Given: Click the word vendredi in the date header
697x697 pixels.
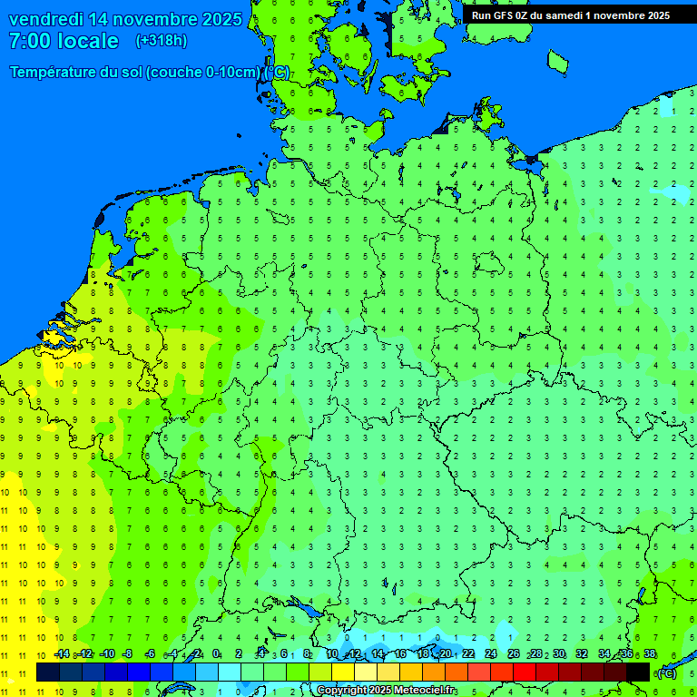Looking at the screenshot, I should (49, 19).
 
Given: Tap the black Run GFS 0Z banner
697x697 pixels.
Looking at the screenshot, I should (570, 15).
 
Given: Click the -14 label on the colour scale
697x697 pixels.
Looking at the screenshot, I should (62, 654).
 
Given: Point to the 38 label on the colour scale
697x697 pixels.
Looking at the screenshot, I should (650, 654).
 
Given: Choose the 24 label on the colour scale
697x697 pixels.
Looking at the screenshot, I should (491, 654).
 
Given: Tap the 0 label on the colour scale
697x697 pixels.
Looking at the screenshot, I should (216, 654).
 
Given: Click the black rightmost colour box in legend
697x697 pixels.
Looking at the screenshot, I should (638, 672).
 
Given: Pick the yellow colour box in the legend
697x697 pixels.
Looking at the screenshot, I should (343, 672).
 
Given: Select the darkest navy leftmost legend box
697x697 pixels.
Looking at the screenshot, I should (48, 672).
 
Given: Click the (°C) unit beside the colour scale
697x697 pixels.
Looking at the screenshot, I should (666, 672).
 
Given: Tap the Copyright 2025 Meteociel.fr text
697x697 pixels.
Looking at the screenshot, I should (386, 691).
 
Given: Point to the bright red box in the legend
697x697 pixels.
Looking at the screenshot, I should (525, 672).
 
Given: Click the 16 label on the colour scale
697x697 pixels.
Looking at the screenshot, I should (400, 654).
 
